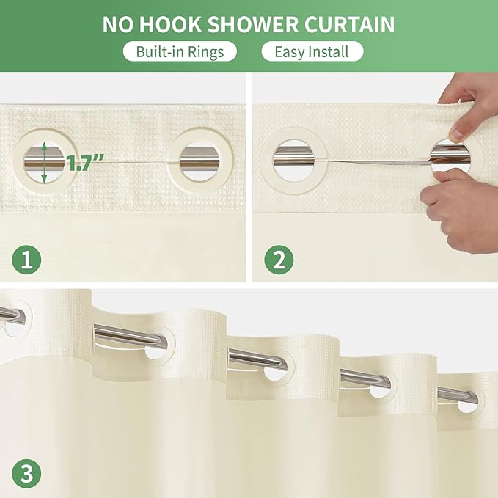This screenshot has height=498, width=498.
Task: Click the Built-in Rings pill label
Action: coord(180,51)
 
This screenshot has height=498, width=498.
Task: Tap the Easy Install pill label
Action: coord(312,51)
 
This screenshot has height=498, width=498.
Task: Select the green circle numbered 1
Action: coord(26,260)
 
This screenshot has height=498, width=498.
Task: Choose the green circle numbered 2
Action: coord(279,260)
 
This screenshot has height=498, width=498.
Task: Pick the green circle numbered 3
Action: coord(26,472)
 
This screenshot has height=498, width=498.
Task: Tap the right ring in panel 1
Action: coord(200,161)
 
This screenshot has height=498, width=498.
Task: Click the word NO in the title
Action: coord(118,24)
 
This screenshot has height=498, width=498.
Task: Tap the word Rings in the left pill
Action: coord(207,51)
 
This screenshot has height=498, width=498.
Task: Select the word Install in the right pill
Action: coord(329,51)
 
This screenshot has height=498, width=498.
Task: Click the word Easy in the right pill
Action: coord(288,51)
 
